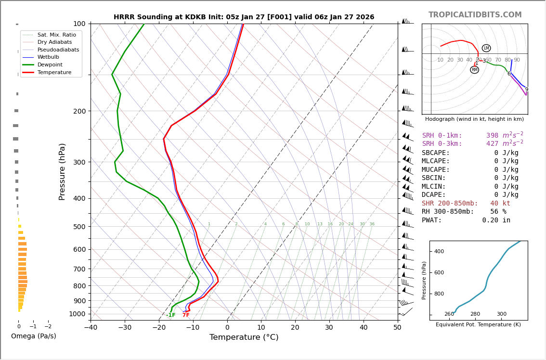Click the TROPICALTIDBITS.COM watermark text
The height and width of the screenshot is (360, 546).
pos(475,15)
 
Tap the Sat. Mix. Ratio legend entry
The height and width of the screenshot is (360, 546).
pos(56,35)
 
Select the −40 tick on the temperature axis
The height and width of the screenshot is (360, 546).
pos(91,328)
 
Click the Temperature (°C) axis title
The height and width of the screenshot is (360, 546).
pos(244,337)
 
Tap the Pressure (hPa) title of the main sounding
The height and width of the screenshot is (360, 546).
pos(62,171)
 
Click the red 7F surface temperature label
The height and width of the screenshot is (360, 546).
pos(186,315)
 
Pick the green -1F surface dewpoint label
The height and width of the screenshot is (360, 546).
pos(171,315)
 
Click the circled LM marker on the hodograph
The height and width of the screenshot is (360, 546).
pos(486,48)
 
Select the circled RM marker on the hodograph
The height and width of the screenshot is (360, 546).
pos(474,70)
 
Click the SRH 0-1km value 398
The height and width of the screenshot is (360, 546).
pos(492,136)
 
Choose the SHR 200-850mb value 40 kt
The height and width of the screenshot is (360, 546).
pos(500,204)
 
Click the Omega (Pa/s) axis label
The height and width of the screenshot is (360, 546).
pos(33,336)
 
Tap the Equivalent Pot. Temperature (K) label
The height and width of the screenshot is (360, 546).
pos(479,324)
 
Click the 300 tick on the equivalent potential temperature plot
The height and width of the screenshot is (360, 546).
pos(501,314)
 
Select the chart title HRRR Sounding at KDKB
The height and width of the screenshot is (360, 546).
pos(244,17)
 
